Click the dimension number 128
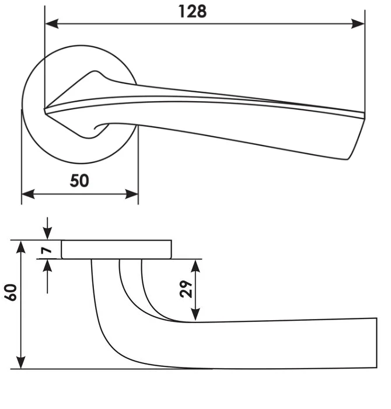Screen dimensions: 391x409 click(x=193, y=12)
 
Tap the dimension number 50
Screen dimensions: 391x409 click(x=79, y=181)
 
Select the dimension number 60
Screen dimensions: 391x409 click(x=11, y=292)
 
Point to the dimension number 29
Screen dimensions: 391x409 click(x=186, y=289)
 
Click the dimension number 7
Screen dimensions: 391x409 click(x=46, y=251)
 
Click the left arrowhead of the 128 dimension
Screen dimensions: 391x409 click(x=52, y=24)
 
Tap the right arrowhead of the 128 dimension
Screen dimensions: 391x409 click(x=358, y=24)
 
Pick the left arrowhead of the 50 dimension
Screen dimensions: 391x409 click(x=28, y=194)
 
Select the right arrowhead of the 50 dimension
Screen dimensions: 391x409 click(x=131, y=194)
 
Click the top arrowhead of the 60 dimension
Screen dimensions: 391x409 click(x=21, y=247)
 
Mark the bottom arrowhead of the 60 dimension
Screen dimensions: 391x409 click(x=21, y=362)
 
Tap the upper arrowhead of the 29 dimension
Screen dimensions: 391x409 click(x=195, y=266)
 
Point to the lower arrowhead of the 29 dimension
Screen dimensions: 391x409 click(x=195, y=314)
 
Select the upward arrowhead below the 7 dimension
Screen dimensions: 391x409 click(x=47, y=266)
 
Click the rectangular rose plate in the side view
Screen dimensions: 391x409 click(x=116, y=249)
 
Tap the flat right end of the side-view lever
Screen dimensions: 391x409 click(x=376, y=343)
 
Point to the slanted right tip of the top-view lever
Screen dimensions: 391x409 click(x=356, y=139)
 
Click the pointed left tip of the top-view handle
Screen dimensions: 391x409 click(x=45, y=110)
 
